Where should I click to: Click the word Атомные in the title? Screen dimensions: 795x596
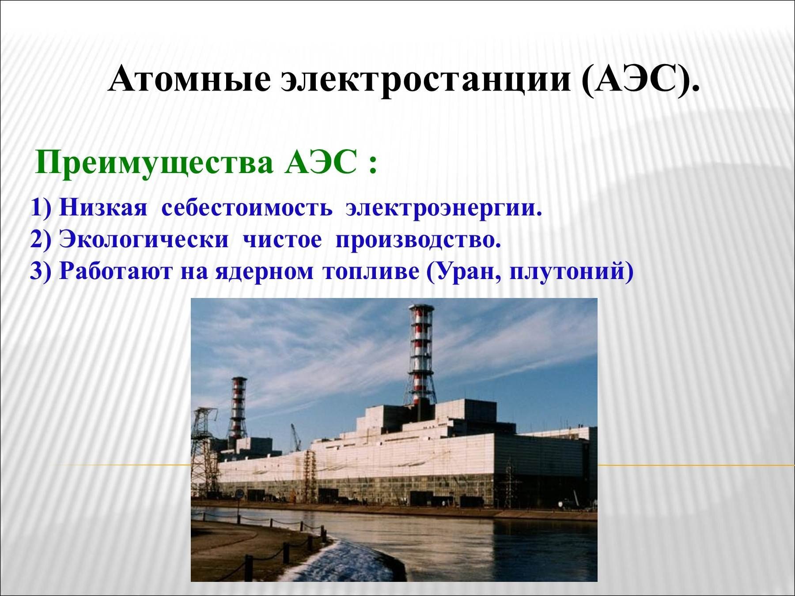click(x=189, y=80)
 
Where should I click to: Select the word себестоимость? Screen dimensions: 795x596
click(x=247, y=208)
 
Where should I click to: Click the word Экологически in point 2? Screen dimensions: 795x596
click(x=144, y=241)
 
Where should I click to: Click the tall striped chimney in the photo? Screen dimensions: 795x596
click(x=420, y=355)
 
